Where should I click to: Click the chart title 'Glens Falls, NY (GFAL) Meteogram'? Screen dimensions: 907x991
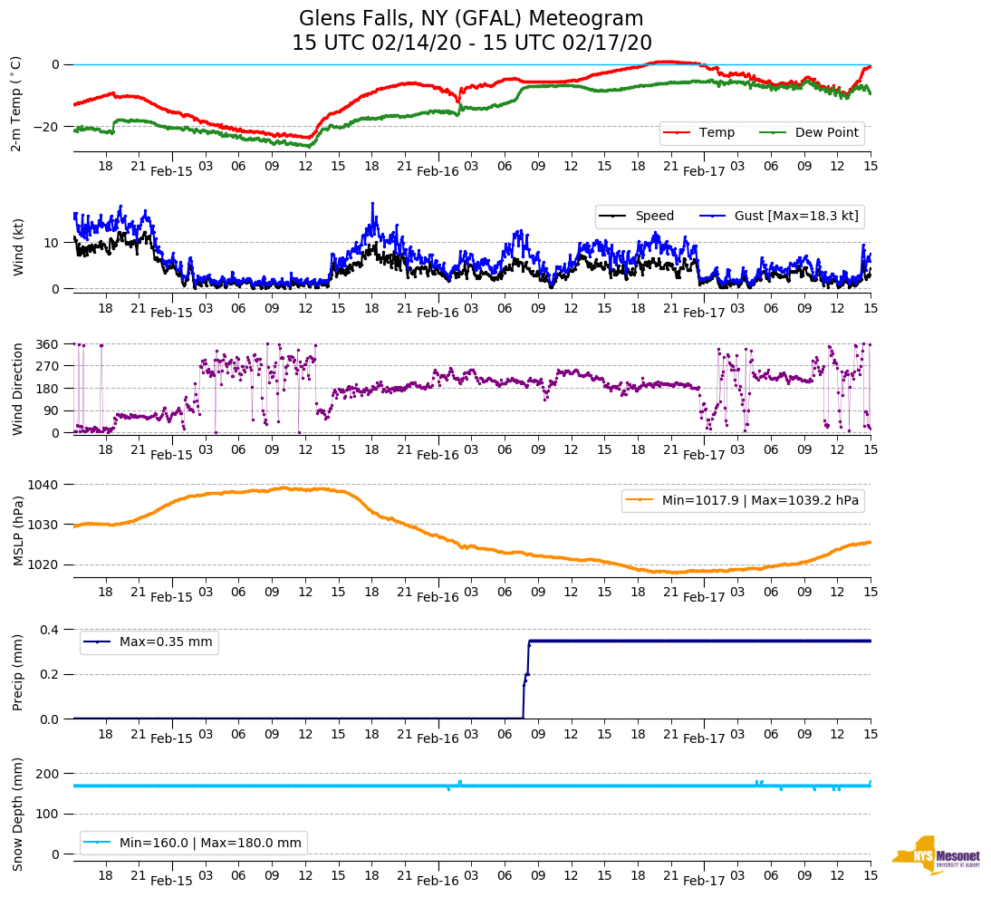[x=471, y=19]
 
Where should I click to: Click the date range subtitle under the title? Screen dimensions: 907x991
[x=471, y=43]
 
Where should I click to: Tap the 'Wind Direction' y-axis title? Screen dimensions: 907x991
[x=17, y=388]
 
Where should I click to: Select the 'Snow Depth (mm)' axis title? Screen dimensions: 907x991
[x=17, y=814]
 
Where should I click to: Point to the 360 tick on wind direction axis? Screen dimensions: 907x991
[x=48, y=344]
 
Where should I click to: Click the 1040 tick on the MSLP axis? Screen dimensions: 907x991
[x=44, y=485]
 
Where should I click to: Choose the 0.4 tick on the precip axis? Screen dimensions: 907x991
[x=49, y=630]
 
